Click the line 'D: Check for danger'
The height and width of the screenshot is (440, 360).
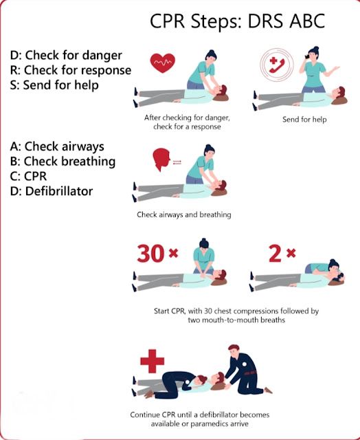(66, 55)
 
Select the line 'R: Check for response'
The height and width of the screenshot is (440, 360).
(71, 70)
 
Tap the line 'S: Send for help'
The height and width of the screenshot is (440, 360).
(55, 85)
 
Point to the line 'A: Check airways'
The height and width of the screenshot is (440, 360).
(57, 146)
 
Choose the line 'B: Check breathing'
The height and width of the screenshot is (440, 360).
(63, 162)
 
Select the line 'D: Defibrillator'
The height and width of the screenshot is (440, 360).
(52, 191)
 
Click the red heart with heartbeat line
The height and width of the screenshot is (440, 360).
(162, 63)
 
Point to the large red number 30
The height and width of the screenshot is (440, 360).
(150, 254)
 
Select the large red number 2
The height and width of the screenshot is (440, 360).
(275, 254)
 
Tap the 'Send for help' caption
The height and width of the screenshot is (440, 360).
(304, 119)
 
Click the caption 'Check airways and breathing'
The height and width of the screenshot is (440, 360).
(183, 215)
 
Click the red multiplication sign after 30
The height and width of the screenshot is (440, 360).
(173, 254)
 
